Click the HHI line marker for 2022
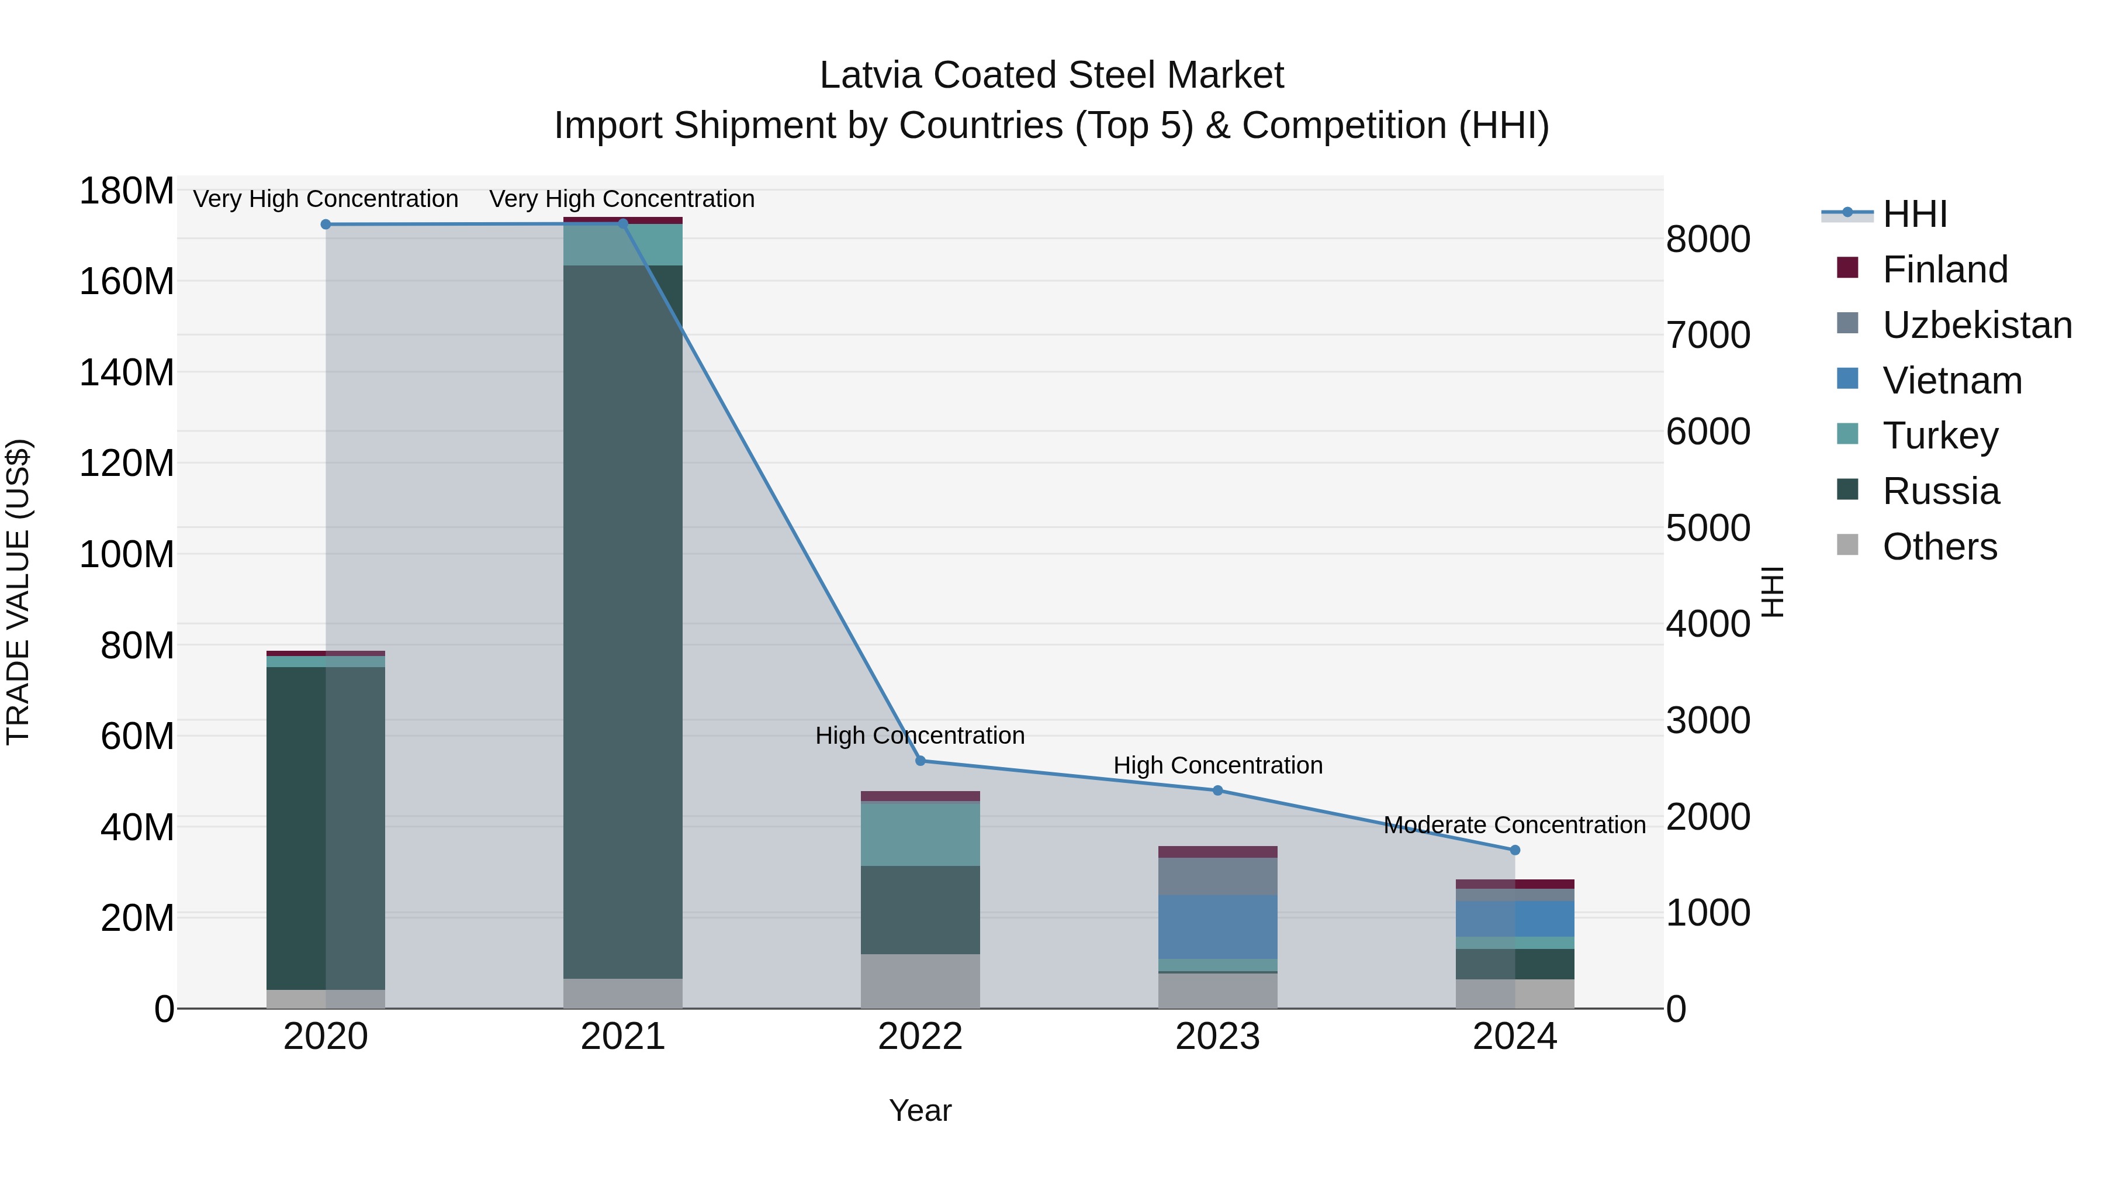coord(920,761)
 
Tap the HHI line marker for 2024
coord(1515,850)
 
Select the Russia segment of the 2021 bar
coord(623,621)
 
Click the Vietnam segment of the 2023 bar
coord(1218,927)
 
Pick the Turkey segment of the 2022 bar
coord(920,834)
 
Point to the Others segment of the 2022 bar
coord(920,981)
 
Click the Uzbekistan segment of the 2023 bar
coord(1218,876)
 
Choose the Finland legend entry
coord(1944,270)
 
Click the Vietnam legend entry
coord(1951,381)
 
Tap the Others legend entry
coord(1939,547)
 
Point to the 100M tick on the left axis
coord(127,555)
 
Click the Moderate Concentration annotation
coord(1514,825)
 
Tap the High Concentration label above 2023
coord(1218,765)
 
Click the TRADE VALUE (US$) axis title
coord(19,592)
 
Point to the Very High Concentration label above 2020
coord(326,199)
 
